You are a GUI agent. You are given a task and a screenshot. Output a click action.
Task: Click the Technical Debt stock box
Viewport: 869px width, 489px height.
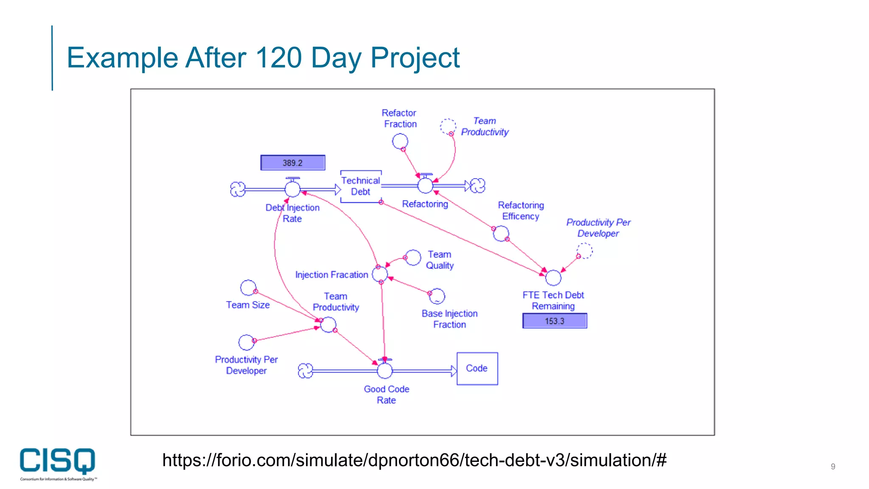pos(361,186)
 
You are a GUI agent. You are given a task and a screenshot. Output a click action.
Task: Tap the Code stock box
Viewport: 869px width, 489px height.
pos(477,368)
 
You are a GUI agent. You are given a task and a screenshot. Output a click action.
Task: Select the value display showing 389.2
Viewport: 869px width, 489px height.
pos(293,163)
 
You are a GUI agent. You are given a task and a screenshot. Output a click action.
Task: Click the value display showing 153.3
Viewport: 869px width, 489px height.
pos(555,321)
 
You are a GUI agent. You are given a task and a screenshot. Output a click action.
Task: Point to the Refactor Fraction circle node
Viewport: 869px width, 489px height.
pos(400,141)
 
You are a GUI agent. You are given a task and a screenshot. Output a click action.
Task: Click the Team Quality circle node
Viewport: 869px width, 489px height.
pos(413,258)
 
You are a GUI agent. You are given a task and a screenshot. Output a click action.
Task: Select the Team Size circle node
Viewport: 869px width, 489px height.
pos(248,288)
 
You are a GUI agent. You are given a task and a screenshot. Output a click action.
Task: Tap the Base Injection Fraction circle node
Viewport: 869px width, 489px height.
pos(437,296)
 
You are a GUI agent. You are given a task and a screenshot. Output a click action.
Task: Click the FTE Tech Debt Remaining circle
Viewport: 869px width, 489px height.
pos(553,278)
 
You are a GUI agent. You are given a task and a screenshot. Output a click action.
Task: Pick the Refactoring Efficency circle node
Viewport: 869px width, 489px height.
pos(501,233)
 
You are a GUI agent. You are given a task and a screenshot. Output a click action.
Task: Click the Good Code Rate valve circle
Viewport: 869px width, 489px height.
pos(385,371)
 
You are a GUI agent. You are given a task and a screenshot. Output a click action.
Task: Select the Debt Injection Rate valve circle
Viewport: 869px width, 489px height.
pos(292,189)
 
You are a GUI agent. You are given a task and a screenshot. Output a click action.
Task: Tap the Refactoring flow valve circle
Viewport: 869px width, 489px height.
pos(425,185)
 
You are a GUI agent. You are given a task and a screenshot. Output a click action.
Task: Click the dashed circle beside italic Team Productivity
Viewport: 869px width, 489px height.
pos(448,126)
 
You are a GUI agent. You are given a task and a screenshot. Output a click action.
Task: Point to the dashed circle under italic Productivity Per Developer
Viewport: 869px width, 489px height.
pos(584,250)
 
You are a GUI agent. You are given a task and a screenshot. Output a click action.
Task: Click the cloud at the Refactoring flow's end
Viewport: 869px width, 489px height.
pos(478,185)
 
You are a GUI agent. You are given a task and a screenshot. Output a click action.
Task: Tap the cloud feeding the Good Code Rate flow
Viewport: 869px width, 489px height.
pos(306,371)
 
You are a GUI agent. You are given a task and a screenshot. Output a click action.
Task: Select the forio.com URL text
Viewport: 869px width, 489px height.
pos(414,460)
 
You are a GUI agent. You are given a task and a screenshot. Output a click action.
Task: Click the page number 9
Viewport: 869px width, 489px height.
pos(833,467)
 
